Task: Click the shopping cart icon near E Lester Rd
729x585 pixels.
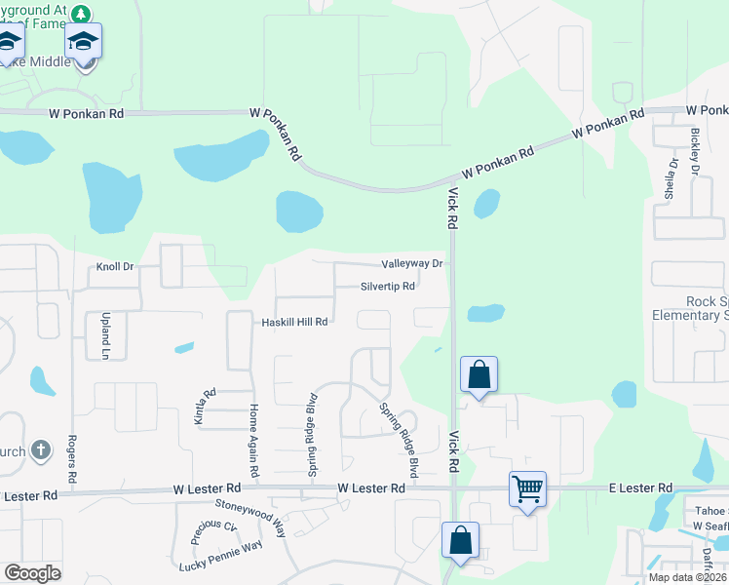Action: point(527,488)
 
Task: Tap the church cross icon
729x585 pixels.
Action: point(40,450)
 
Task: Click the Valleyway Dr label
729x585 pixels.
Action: point(412,264)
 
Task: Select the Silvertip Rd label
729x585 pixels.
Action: point(388,287)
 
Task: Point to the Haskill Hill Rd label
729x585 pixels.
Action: point(293,322)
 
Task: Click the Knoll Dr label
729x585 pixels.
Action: point(115,266)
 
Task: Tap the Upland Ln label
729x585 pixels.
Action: point(105,335)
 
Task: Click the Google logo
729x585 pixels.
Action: point(32,572)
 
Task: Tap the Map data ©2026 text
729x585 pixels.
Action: point(687,577)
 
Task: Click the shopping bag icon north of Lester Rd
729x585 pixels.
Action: point(480,374)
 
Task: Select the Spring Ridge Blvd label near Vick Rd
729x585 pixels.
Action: point(399,440)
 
